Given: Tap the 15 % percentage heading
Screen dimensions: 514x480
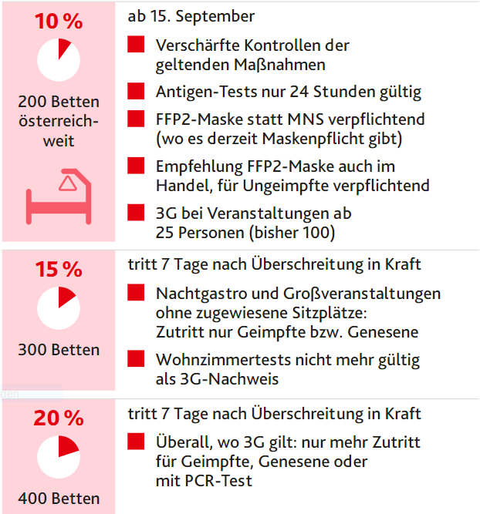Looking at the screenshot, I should click(x=58, y=269).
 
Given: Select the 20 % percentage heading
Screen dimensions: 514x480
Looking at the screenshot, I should click(x=58, y=418).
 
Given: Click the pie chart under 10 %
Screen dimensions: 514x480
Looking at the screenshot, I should click(x=58, y=59).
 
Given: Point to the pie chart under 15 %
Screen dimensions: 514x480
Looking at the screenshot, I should click(x=58, y=307).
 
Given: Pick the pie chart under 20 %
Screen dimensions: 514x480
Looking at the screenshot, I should click(x=58, y=456).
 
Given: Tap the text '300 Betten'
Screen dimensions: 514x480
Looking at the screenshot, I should click(x=59, y=350).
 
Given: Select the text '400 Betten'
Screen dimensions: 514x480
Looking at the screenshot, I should click(x=59, y=498).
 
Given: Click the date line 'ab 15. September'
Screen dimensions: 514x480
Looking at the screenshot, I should click(x=191, y=16).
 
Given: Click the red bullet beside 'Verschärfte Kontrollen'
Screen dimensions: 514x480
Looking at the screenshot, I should click(x=137, y=45).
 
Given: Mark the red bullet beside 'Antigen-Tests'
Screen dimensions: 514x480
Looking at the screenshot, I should click(x=137, y=92).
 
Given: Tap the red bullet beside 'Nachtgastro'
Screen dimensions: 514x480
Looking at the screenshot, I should click(x=137, y=294).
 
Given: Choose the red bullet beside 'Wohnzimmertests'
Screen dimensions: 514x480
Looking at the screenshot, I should click(x=137, y=359).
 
